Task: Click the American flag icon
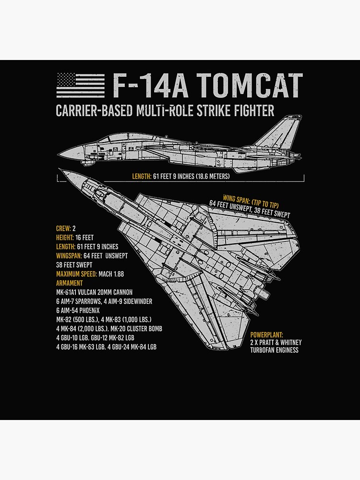point(80,85)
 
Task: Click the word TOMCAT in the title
point(250,86)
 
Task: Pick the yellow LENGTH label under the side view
point(142,177)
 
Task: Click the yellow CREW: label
point(63,228)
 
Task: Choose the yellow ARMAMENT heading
point(69,283)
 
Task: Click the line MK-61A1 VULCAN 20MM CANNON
point(94,292)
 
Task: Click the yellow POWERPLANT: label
point(266,335)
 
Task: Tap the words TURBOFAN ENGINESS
point(274,350)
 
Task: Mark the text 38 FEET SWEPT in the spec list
point(74,265)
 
